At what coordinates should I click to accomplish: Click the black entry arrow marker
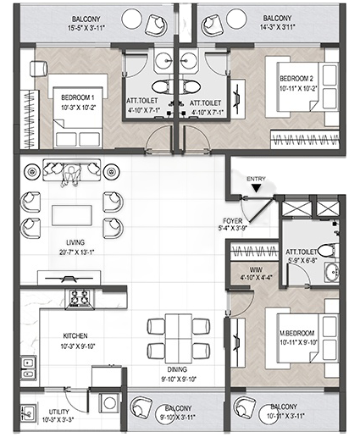(256, 188)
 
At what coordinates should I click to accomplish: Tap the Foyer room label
(233, 221)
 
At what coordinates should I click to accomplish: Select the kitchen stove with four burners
(80, 298)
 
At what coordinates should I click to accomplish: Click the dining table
(179, 338)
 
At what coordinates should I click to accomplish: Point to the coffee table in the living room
(72, 215)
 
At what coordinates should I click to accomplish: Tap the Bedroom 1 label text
(77, 97)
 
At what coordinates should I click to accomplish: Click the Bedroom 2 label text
(296, 79)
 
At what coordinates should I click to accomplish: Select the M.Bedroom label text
(297, 333)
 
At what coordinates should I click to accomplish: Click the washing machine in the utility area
(109, 403)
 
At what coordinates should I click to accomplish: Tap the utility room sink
(28, 413)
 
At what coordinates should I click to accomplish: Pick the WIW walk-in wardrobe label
(256, 270)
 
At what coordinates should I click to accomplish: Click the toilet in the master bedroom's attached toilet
(328, 251)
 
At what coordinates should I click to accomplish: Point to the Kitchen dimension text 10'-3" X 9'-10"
(78, 346)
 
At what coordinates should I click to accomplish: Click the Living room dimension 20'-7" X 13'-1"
(76, 252)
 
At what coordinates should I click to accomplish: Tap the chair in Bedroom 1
(38, 69)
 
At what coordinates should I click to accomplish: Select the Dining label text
(177, 369)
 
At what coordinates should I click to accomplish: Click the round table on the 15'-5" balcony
(132, 19)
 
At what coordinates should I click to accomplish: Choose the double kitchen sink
(28, 368)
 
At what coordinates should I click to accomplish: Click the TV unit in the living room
(69, 278)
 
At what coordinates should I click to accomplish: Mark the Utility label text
(58, 412)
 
